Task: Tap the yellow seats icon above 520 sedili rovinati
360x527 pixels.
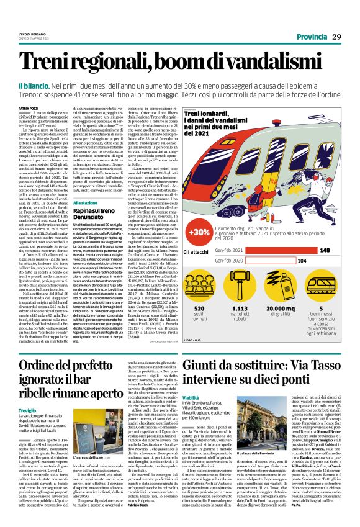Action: point(199,284)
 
